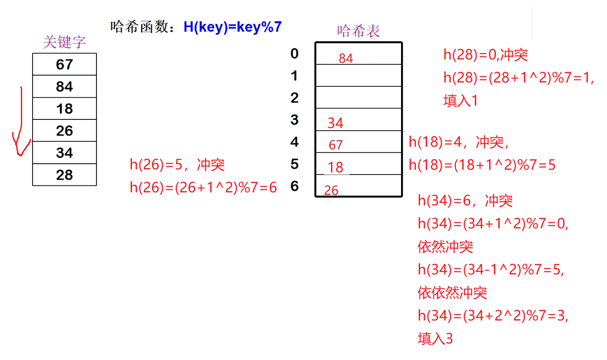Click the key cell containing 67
[x=64, y=64]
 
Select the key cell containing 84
[x=64, y=86]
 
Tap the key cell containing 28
[x=64, y=175]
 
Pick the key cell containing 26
[x=64, y=131]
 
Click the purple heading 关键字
[x=64, y=42]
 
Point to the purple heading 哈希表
[x=358, y=31]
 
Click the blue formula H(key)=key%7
[x=232, y=27]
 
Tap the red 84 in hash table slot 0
[x=346, y=58]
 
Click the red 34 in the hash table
[x=335, y=123]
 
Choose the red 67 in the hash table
[x=335, y=145]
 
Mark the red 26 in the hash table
[x=331, y=190]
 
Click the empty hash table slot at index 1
[x=358, y=76]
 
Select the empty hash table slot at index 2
[x=358, y=97]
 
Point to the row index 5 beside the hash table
[x=295, y=164]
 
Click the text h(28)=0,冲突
[x=485, y=55]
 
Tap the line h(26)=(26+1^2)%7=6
[x=203, y=188]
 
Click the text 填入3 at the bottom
[x=435, y=339]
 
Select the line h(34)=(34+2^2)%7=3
[x=493, y=316]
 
